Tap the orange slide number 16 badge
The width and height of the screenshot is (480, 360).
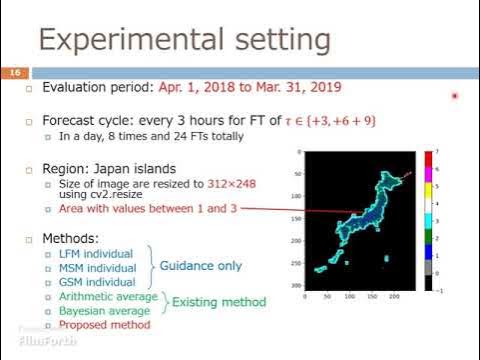click(x=15, y=73)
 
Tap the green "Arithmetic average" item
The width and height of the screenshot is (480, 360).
click(x=108, y=296)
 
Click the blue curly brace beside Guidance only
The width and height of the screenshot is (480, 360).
click(x=152, y=267)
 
